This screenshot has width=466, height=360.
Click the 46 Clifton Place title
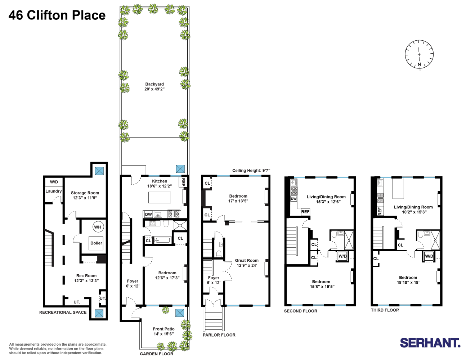[57, 15]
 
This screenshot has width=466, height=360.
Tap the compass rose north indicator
[419, 54]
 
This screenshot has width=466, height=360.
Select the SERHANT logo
[430, 343]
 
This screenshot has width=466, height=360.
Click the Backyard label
[154, 86]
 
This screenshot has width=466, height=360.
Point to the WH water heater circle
[98, 227]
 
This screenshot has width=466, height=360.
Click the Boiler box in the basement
[96, 243]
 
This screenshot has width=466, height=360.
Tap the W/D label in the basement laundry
[54, 182]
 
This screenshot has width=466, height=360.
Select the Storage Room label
[85, 195]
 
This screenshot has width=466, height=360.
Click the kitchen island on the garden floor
[160, 197]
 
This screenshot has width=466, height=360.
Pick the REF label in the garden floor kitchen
[183, 181]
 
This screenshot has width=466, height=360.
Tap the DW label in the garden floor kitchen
[148, 214]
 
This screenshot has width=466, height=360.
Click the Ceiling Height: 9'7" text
[251, 171]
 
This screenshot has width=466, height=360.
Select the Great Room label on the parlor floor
[247, 263]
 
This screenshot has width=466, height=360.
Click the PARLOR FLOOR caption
[219, 335]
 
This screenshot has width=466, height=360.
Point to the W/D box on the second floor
[342, 256]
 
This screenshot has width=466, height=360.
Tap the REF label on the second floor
[305, 212]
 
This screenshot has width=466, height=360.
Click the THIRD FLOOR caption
[385, 310]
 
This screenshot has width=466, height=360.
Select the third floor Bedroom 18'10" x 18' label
[408, 280]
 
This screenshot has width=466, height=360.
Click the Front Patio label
[163, 331]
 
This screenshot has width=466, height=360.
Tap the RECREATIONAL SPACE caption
[63, 312]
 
